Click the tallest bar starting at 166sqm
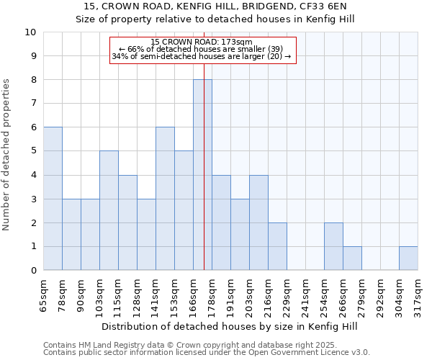click(x=202, y=175)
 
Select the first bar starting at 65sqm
click(x=53, y=199)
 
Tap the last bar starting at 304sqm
click(x=408, y=258)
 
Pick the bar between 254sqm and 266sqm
click(x=333, y=246)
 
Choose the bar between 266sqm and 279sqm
click(x=352, y=258)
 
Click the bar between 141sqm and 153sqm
click(x=165, y=199)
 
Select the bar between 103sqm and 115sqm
click(x=109, y=210)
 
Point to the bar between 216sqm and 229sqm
click(x=277, y=246)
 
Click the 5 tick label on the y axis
click(x=33, y=151)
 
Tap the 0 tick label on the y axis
click(x=33, y=271)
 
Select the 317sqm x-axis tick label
click(x=418, y=297)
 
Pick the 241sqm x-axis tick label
click(x=305, y=297)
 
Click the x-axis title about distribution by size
click(x=230, y=327)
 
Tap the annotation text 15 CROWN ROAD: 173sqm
click(x=202, y=42)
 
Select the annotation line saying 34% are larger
click(x=202, y=57)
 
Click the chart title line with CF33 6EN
click(x=215, y=6)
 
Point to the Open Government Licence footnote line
click(x=207, y=353)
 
